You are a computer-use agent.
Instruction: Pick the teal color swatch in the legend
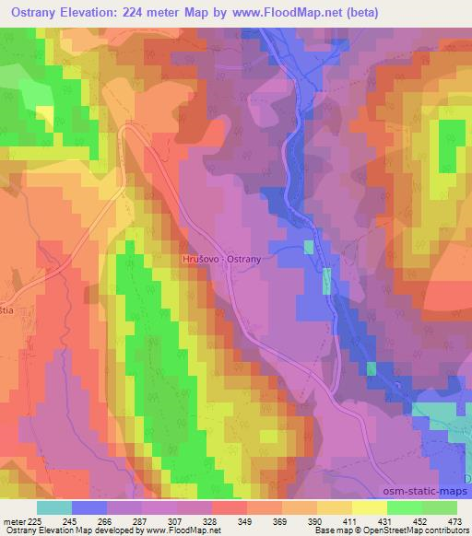(x=54, y=507)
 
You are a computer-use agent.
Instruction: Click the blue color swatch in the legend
(x=89, y=507)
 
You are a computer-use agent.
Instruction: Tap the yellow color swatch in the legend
(x=334, y=507)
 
